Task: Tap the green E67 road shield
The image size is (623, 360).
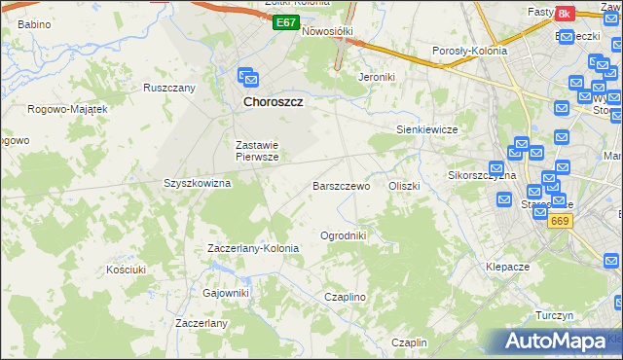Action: tap(284, 22)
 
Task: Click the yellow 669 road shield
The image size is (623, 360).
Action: tap(558, 222)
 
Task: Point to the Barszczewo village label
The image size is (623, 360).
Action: tap(341, 186)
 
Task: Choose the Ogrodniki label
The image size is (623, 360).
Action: tap(343, 235)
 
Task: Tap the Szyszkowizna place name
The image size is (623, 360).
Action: tap(197, 183)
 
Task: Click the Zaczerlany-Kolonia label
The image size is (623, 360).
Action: tap(253, 248)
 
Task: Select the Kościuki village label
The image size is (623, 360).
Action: tap(126, 269)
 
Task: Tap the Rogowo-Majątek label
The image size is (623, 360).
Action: tap(67, 109)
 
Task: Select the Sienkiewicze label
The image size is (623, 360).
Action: tap(426, 128)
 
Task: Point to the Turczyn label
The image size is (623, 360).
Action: tap(554, 316)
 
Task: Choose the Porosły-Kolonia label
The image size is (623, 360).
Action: tap(469, 51)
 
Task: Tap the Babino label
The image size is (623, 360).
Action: tap(34, 22)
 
